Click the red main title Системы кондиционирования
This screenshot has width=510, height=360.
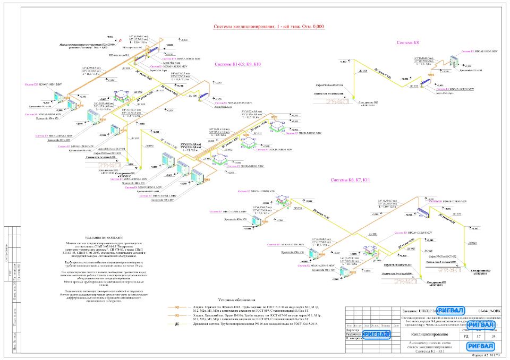(x=268, y=27)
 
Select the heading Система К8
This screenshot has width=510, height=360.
(x=408, y=42)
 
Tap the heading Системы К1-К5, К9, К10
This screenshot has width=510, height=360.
(x=237, y=64)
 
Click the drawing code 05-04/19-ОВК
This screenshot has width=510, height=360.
(x=488, y=311)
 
